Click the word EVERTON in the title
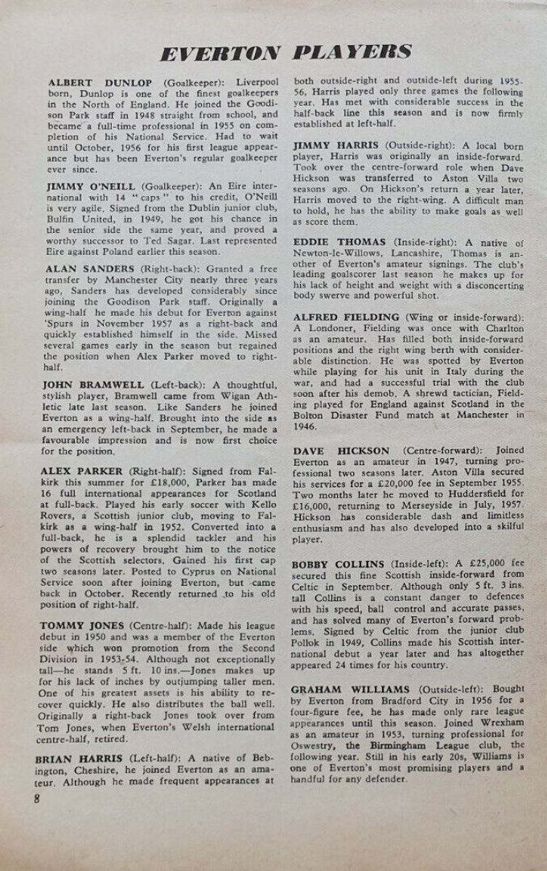click(x=219, y=53)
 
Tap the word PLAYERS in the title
click(x=352, y=52)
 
